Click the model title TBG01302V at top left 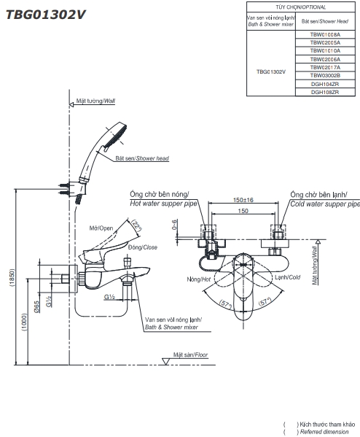tap(46, 15)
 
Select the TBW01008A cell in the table tap(325, 34)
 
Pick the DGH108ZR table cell tap(325, 92)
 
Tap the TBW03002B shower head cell tap(325, 76)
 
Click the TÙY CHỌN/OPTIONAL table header tap(301, 7)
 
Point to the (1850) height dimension tap(12, 278)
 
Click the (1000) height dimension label tap(25, 322)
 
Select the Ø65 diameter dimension tap(36, 306)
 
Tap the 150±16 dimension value tap(243, 200)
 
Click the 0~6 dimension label tap(174, 225)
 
